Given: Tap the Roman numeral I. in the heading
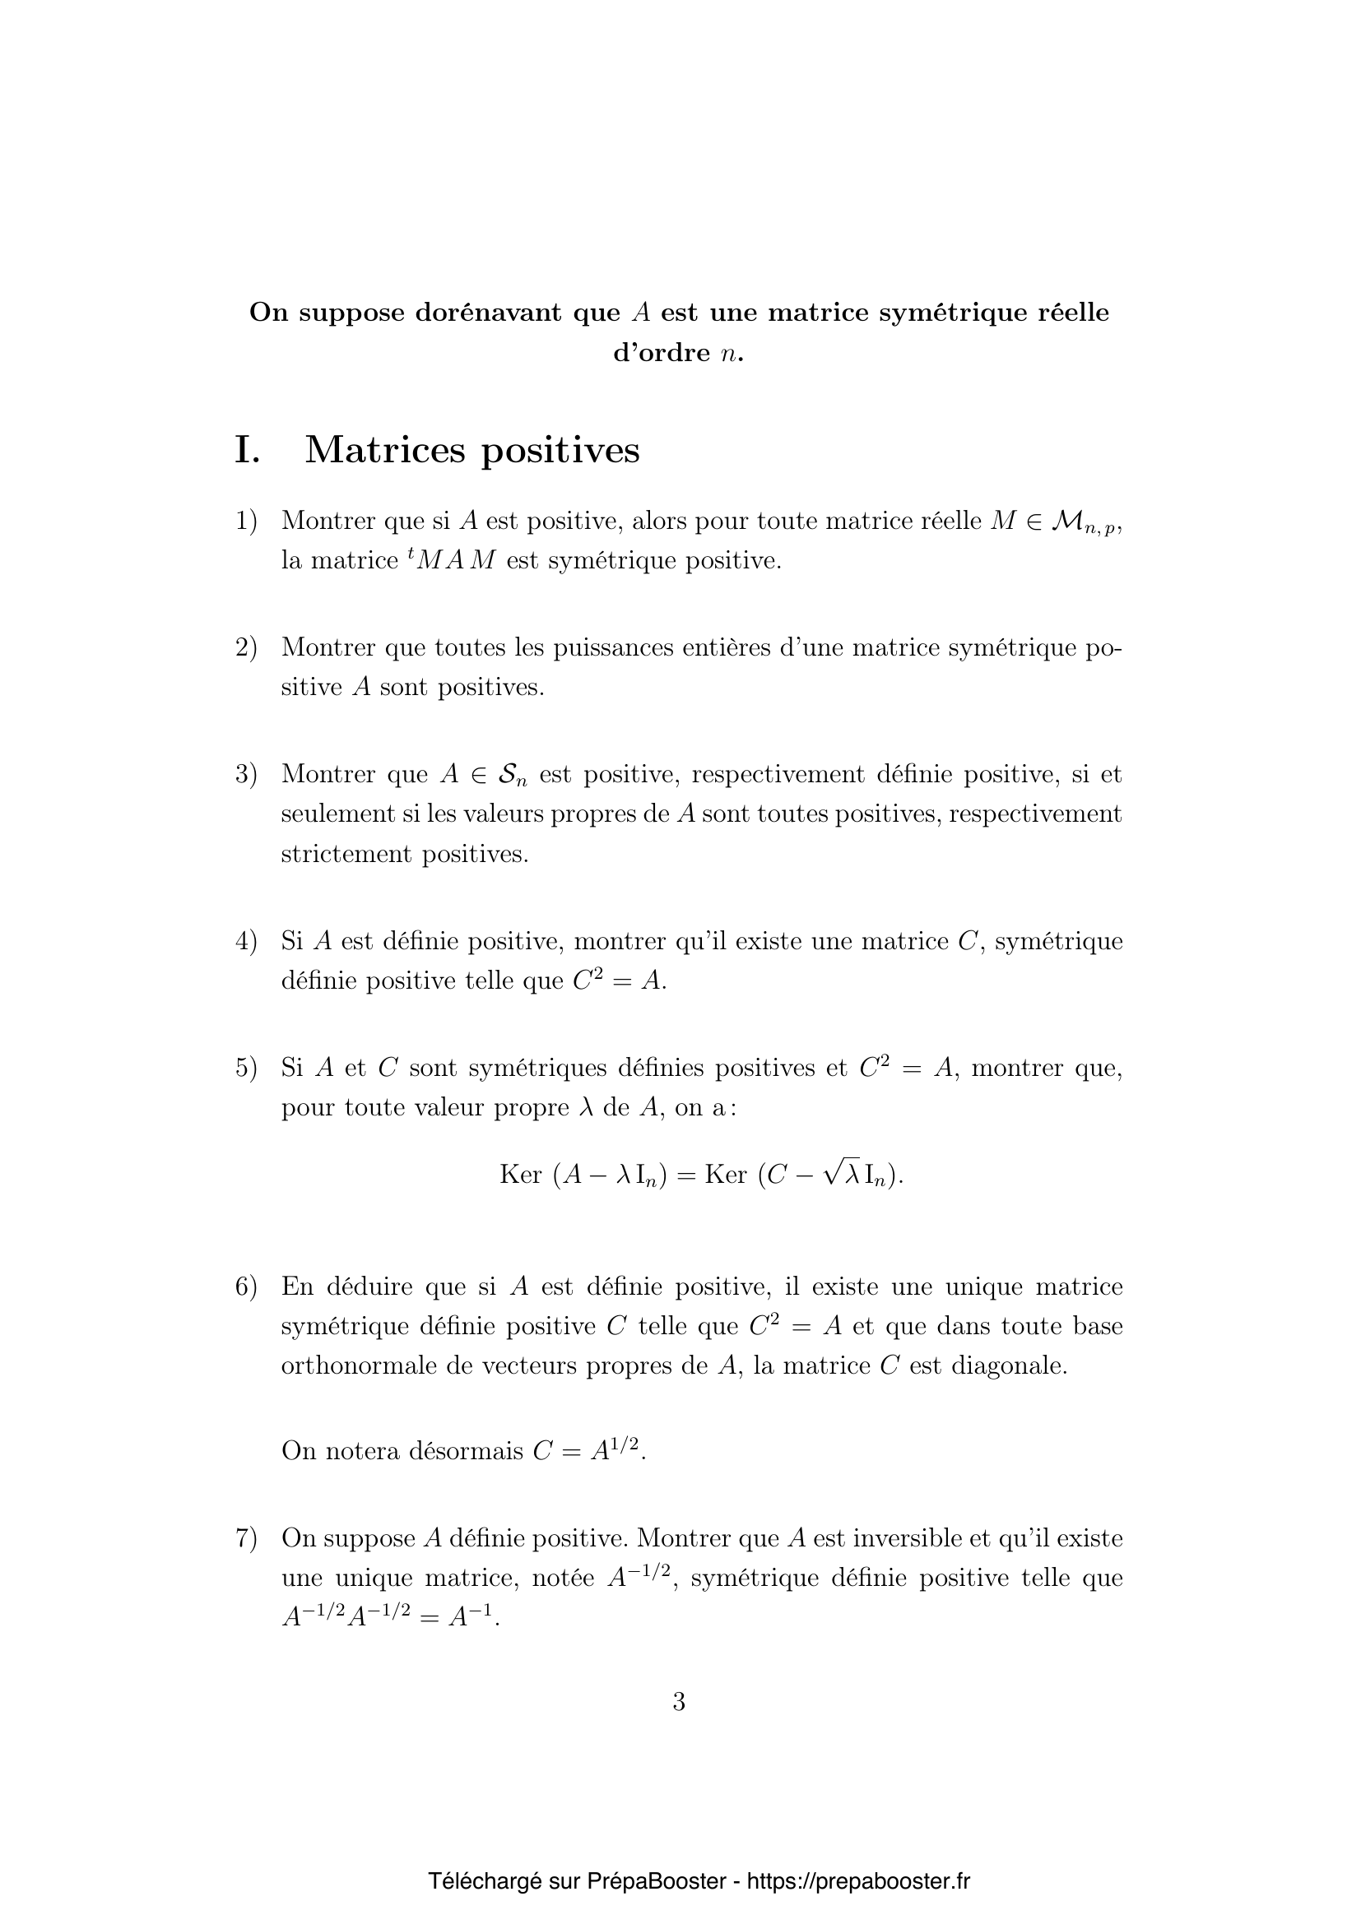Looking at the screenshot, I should (247, 450).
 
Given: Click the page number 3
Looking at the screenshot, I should (679, 1702).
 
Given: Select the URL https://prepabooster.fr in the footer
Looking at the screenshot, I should (858, 1881).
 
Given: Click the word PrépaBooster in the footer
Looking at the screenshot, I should (656, 1881).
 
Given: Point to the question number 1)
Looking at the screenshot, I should (245, 521).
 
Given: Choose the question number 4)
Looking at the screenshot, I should (245, 941).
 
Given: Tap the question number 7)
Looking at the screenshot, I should (245, 1538).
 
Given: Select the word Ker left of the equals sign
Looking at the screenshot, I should (520, 1174).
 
